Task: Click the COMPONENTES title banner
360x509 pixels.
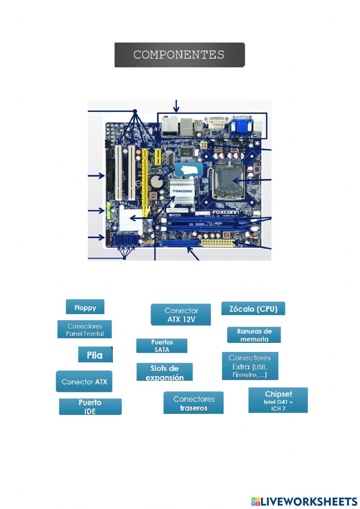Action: pos(179,55)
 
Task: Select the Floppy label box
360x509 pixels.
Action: pos(85,307)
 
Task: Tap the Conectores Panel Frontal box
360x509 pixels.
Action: pos(85,330)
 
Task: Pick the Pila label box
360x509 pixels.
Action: pos(95,355)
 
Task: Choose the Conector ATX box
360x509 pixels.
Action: pos(84,381)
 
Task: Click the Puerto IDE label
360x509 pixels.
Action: pos(90,407)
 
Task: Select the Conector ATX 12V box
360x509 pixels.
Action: pos(181,315)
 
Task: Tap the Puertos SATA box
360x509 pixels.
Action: pos(162,346)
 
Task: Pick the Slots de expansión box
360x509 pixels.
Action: pos(165,372)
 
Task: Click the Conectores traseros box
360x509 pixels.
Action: pos(193,403)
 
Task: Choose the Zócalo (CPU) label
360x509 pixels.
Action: pos(253,309)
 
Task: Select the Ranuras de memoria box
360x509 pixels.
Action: pos(254,335)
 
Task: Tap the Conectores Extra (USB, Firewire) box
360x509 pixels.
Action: pos(250,366)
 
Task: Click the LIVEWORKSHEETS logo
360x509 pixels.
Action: pos(304,501)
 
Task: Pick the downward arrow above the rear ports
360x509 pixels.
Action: pos(176,106)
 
